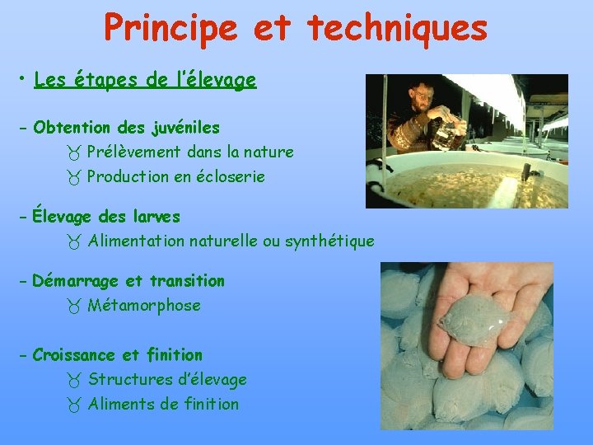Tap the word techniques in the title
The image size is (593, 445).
point(398,28)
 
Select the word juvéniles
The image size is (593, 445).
point(185,128)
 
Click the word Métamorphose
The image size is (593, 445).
point(144,306)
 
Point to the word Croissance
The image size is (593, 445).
point(74,355)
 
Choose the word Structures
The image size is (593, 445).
point(124,380)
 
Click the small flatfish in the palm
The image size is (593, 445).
point(476,320)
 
